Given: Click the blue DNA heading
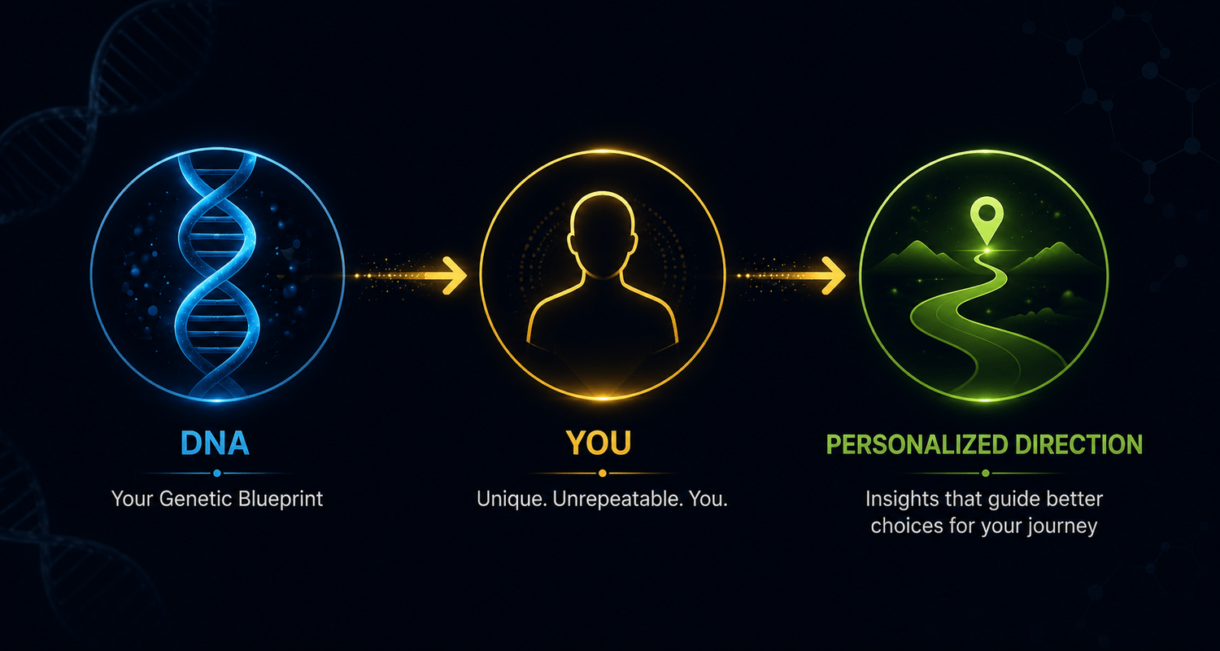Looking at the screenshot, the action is [x=216, y=443].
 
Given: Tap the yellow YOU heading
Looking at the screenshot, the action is [x=599, y=443].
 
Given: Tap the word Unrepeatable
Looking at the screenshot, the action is [x=617, y=500].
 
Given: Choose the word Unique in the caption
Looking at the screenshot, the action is [x=512, y=499].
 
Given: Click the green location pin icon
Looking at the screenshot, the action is [x=987, y=220].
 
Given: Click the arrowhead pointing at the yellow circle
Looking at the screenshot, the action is [x=455, y=276].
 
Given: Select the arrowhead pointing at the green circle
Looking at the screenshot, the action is [x=834, y=276].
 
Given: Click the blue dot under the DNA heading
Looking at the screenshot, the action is [x=217, y=474].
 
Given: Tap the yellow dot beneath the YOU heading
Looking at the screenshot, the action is [x=602, y=474].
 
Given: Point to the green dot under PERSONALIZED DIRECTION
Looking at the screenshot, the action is [x=985, y=474].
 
